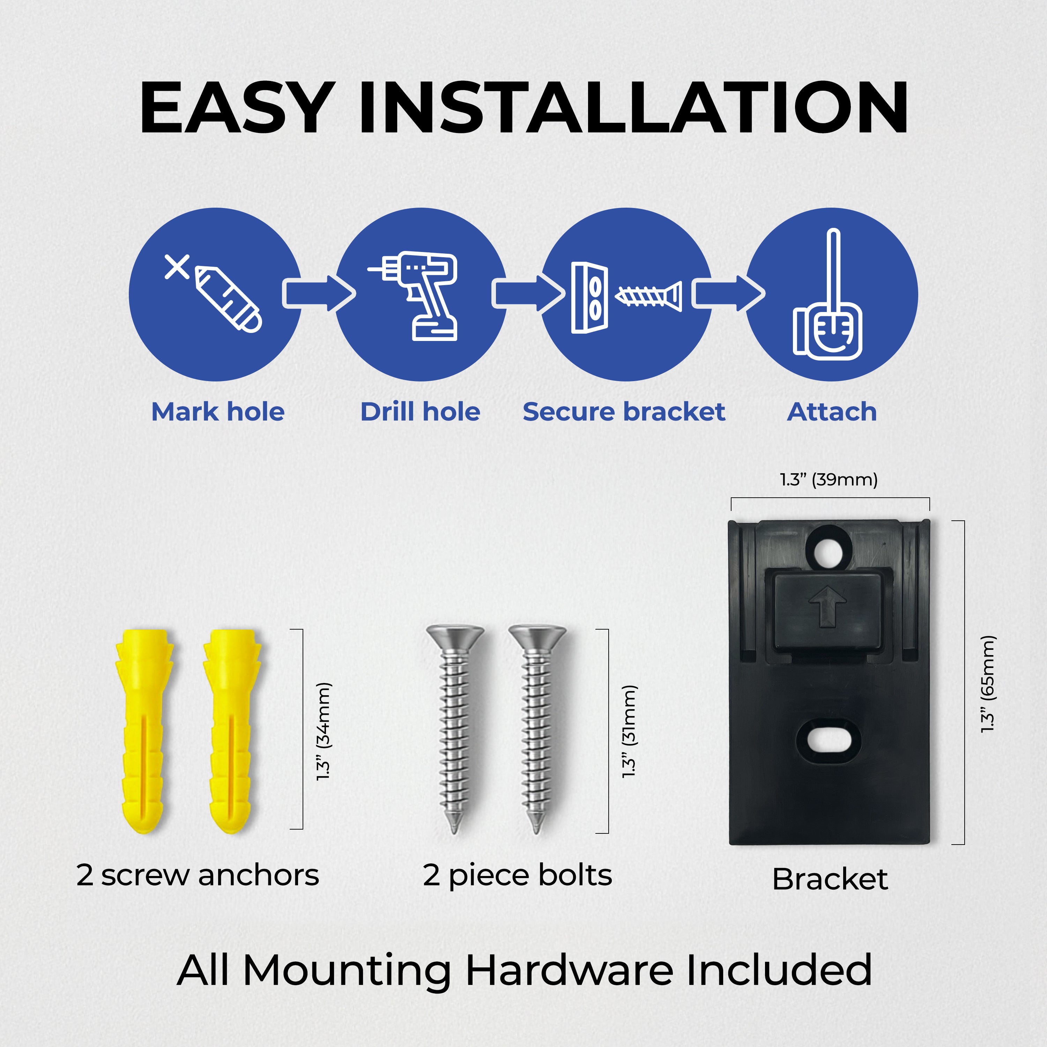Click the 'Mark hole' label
(218, 412)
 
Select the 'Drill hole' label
(421, 412)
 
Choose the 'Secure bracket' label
(624, 412)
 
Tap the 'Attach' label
(832, 412)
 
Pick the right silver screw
(537, 729)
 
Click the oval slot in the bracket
(828, 741)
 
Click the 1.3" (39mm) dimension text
(829, 480)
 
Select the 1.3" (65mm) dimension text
(988, 684)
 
